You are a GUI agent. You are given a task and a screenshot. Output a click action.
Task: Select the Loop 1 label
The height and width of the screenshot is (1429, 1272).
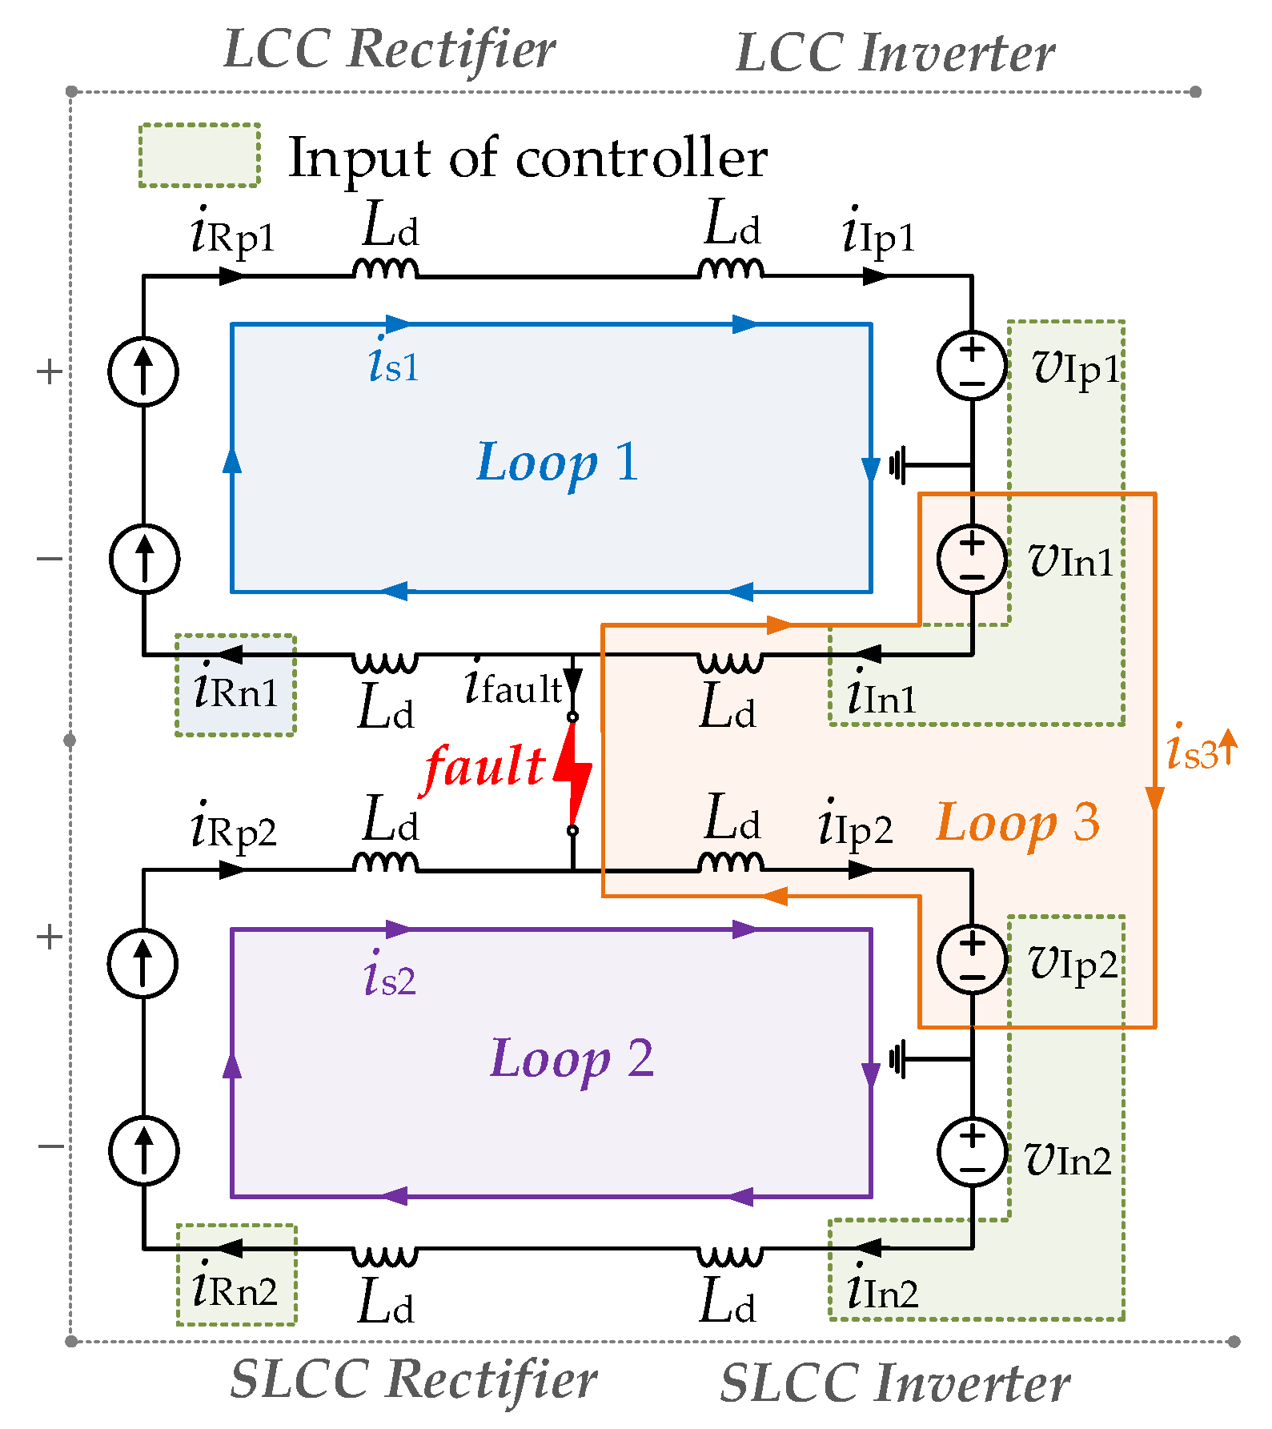558,463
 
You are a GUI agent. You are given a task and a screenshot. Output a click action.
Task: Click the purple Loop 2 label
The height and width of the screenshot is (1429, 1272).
572,1058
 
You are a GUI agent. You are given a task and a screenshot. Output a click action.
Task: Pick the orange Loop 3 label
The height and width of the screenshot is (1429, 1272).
1017,823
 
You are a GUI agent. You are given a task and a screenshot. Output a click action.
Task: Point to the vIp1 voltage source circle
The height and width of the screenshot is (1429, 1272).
972,366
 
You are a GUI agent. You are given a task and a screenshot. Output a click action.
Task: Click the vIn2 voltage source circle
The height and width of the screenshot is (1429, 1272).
972,1151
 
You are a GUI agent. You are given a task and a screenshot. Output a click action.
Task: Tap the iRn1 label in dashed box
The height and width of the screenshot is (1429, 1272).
235,689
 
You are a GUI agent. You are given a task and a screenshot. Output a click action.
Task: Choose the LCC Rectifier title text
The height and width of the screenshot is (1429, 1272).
389,50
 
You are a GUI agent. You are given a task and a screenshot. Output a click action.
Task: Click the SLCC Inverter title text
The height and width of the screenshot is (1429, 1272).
895,1383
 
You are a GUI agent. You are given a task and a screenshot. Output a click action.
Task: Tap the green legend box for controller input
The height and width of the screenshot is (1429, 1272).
199,155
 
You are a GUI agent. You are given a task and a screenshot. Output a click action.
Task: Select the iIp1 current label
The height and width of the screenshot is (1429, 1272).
879,233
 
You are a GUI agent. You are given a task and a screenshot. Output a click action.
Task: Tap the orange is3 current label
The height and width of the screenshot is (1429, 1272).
1194,750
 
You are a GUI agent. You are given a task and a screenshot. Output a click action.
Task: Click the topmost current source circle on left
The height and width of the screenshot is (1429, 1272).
143,371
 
